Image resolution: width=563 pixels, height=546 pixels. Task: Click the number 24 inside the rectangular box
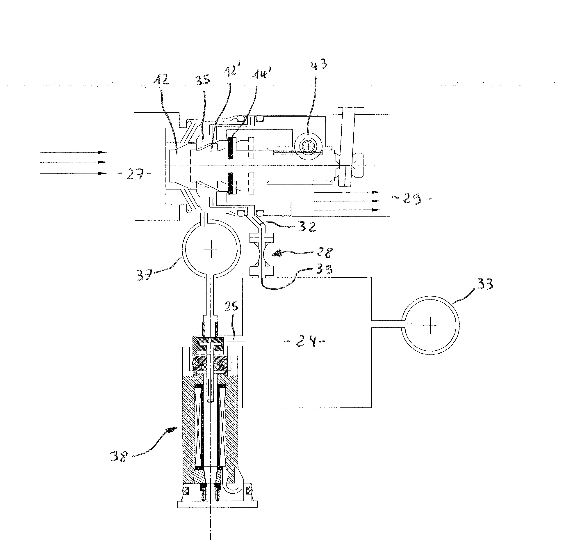tap(304, 341)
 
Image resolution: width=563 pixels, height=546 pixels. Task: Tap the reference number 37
tap(145, 274)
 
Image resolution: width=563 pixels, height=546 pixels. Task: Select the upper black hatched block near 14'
tap(231, 149)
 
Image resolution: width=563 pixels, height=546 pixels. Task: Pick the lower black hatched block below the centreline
tap(231, 183)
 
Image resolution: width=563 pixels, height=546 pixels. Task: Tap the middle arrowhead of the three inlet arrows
tap(103, 162)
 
